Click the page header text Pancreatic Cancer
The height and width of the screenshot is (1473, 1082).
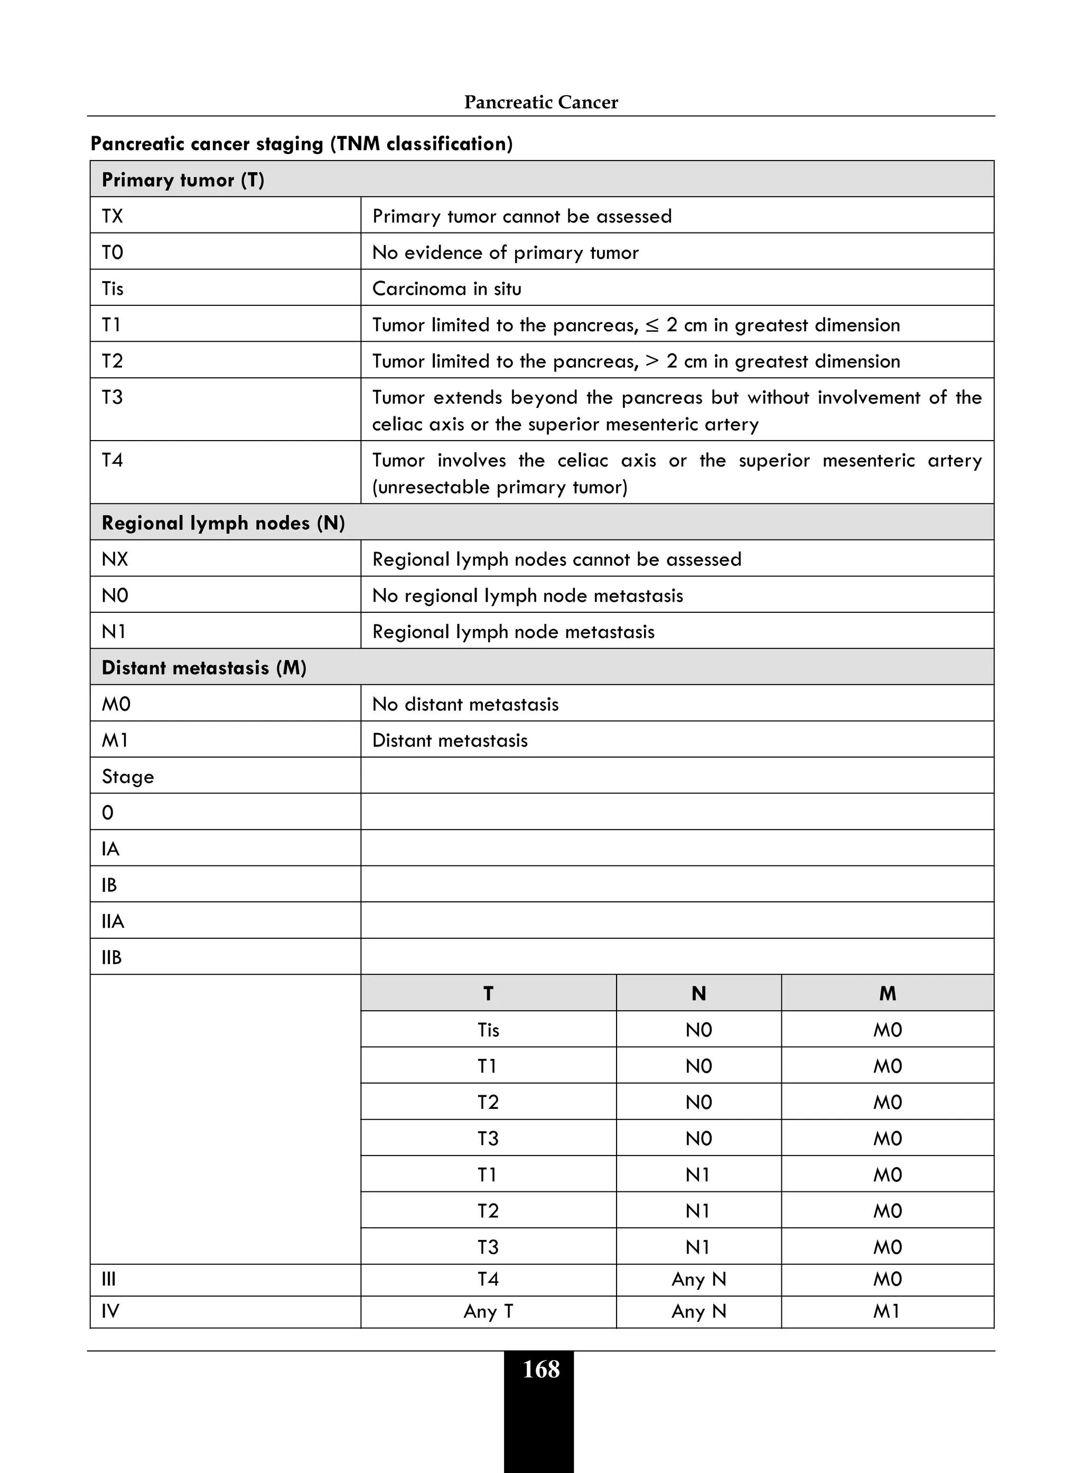click(540, 102)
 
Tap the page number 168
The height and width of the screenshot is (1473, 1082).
click(540, 1369)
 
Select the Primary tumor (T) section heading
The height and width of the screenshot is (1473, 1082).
click(183, 180)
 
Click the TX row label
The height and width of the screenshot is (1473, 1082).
click(112, 216)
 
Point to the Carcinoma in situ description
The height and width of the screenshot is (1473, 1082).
click(446, 289)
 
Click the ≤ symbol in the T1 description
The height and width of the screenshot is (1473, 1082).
click(652, 325)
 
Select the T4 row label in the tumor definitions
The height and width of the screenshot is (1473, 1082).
click(112, 460)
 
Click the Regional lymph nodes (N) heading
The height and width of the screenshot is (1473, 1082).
click(223, 523)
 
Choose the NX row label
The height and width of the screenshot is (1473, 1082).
click(115, 560)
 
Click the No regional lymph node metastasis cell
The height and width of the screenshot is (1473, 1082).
click(527, 595)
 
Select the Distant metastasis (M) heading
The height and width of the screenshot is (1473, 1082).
click(204, 667)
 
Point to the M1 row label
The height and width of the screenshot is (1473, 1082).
click(115, 740)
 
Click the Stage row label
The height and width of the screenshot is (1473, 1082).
click(128, 777)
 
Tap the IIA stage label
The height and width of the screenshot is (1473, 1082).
click(113, 921)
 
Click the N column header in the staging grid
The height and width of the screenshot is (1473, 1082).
click(698, 994)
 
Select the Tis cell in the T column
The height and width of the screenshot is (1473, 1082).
click(488, 1030)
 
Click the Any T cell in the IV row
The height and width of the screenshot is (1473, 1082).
click(488, 1311)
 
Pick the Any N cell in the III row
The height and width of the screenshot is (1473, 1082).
click(698, 1279)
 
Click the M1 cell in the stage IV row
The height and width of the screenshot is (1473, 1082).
click(887, 1311)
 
